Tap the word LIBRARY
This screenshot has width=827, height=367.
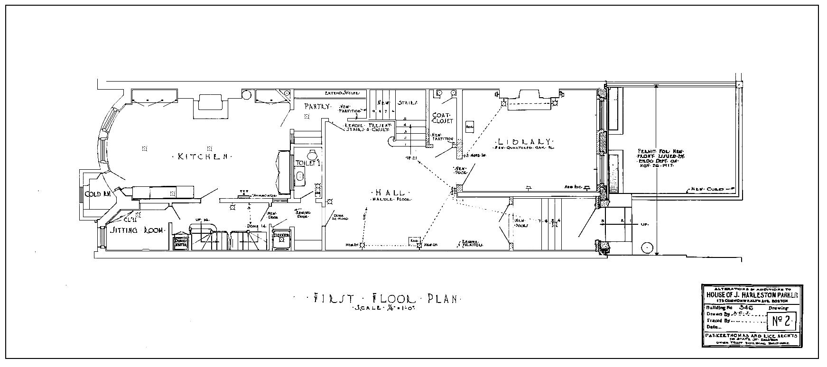tap(524, 142)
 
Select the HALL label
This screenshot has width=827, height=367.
tap(390, 193)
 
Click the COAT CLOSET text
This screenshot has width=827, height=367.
tap(443, 118)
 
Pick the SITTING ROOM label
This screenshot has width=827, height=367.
tap(137, 230)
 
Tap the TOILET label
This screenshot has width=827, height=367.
tap(307, 163)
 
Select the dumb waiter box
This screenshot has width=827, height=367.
tap(181, 242)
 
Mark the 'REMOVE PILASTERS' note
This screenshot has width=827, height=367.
tap(472, 243)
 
